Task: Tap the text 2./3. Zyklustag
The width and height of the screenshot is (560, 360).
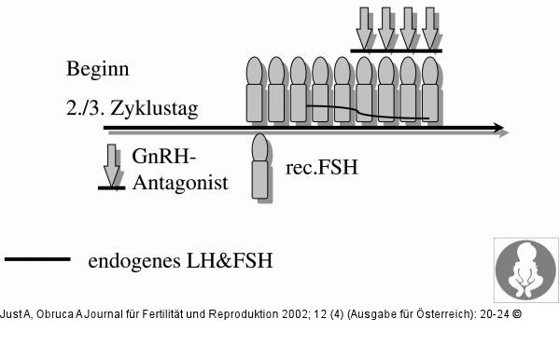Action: point(132,108)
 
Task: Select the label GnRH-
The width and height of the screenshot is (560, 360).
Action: point(163,157)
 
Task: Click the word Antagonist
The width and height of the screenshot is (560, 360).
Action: point(180,183)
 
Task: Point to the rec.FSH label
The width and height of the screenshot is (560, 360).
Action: point(321,169)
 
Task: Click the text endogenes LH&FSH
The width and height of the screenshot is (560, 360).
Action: point(180,261)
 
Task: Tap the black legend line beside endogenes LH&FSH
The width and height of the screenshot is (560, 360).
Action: point(37,258)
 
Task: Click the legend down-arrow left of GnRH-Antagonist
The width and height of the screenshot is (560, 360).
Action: point(112,166)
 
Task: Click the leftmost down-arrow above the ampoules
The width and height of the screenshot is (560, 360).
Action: point(364,26)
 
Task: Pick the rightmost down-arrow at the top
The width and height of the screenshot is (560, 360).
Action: point(430,26)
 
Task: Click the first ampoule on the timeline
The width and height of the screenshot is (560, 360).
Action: point(255,90)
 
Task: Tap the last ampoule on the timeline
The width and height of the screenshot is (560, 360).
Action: point(430,90)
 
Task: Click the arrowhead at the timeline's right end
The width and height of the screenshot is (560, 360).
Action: point(500,128)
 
